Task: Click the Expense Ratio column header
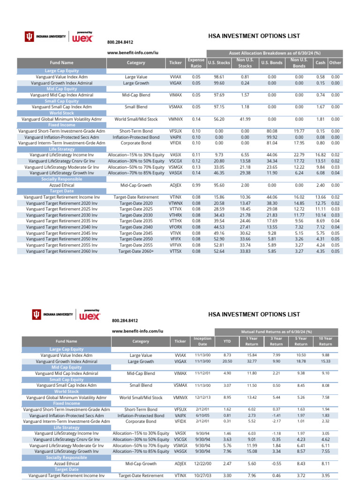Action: click(196, 63)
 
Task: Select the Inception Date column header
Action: click(202, 341)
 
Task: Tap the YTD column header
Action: click(227, 341)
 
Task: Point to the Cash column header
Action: click(321, 63)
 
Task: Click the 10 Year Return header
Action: click(325, 341)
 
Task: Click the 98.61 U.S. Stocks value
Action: click(219, 77)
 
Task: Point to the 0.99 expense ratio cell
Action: click(196, 185)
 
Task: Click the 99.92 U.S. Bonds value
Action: click(272, 137)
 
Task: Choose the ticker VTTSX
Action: click(175, 251)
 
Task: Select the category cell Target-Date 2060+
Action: click(136, 251)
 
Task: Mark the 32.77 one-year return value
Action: click(252, 361)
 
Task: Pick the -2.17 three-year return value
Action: click(276, 421)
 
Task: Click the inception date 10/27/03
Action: click(202, 475)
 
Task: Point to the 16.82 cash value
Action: click(321, 155)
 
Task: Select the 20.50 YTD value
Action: click(227, 361)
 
